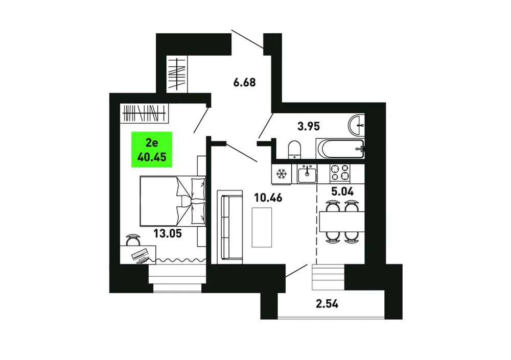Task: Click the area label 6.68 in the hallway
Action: pyautogui.click(x=244, y=82)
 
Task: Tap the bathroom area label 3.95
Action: pyautogui.click(x=309, y=126)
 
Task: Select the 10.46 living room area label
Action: pyautogui.click(x=268, y=198)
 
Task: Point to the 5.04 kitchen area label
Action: pyautogui.click(x=342, y=191)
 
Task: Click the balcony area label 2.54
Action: pyautogui.click(x=327, y=304)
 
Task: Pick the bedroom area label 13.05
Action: pyautogui.click(x=168, y=233)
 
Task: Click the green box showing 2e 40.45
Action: pyautogui.click(x=152, y=150)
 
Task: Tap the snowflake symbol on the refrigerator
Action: pyautogui.click(x=281, y=174)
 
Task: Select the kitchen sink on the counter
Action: pyautogui.click(x=307, y=174)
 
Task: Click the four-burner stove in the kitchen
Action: pyautogui.click(x=340, y=173)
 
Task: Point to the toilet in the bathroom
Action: pyautogui.click(x=295, y=150)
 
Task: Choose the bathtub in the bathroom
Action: pyautogui.click(x=340, y=149)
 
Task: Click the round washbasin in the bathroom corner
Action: pyautogui.click(x=357, y=125)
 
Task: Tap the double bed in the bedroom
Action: pyautogui.click(x=173, y=201)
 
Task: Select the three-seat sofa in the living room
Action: pyautogui.click(x=230, y=227)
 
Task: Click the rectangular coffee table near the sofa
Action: pyautogui.click(x=262, y=227)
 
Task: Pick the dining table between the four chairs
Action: pyautogui.click(x=342, y=222)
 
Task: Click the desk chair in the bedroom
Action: pyautogui.click(x=133, y=240)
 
